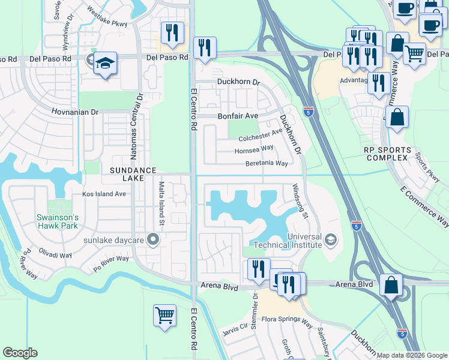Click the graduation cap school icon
pos(105,63)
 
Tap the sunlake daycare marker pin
pos(153,241)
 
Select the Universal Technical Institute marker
pos(330,241)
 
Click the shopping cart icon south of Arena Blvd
pos(164,314)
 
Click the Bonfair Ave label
pos(237,115)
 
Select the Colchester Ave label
pos(260,135)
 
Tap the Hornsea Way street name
pos(253,148)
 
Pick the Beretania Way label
pos(266,163)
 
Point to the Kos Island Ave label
pos(104,194)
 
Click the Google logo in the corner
pos(20,353)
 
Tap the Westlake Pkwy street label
pos(107,13)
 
